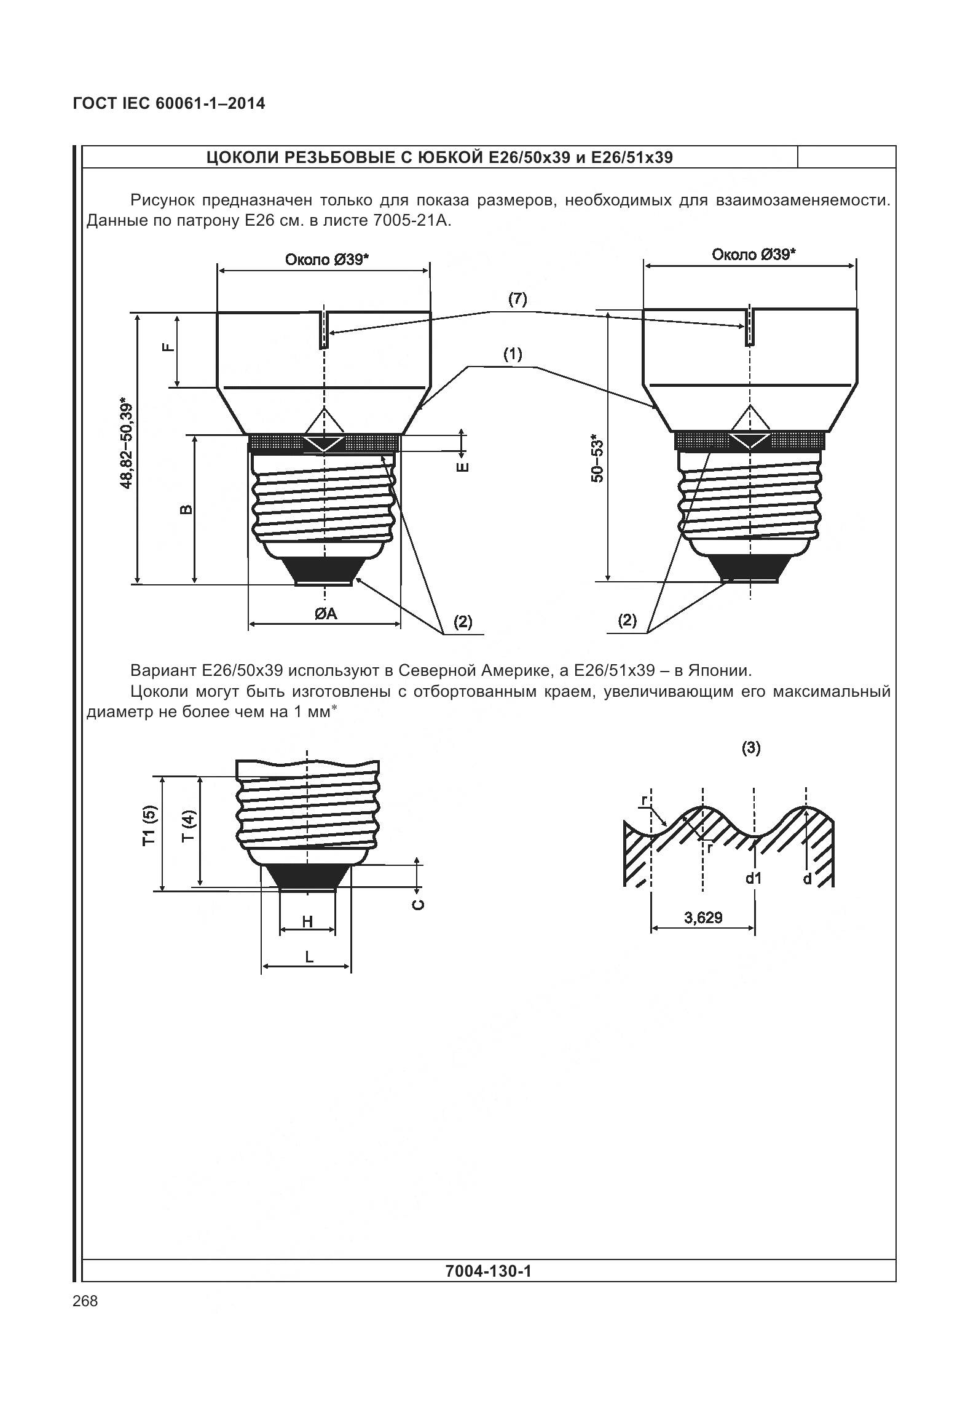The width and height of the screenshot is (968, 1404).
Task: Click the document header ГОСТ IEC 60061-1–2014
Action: click(x=169, y=104)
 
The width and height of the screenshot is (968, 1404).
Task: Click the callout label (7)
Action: click(x=517, y=299)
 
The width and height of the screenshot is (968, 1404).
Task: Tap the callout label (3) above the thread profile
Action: click(x=751, y=748)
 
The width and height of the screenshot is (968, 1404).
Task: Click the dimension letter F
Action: click(x=168, y=347)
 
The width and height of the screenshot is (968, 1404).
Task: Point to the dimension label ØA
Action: click(x=326, y=613)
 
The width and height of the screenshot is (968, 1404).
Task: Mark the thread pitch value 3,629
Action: click(x=704, y=918)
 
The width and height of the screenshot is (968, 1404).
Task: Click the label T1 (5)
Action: click(x=149, y=826)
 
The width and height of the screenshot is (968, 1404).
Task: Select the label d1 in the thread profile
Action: click(x=754, y=878)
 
